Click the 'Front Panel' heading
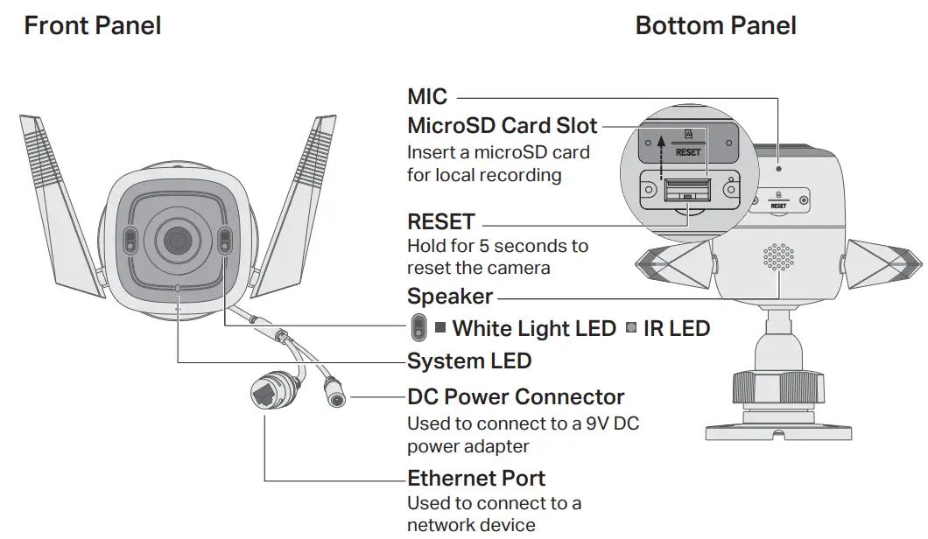(93, 25)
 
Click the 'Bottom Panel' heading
(715, 25)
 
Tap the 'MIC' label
(427, 97)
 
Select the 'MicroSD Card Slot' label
(503, 125)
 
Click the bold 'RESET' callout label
(441, 222)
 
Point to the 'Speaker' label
(450, 297)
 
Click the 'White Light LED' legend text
(534, 329)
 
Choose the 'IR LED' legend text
(676, 329)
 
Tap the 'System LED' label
(469, 360)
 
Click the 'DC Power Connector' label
(516, 397)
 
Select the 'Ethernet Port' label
(476, 479)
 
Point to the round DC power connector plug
(335, 397)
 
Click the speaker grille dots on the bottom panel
(778, 257)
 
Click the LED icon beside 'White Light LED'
(418, 328)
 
